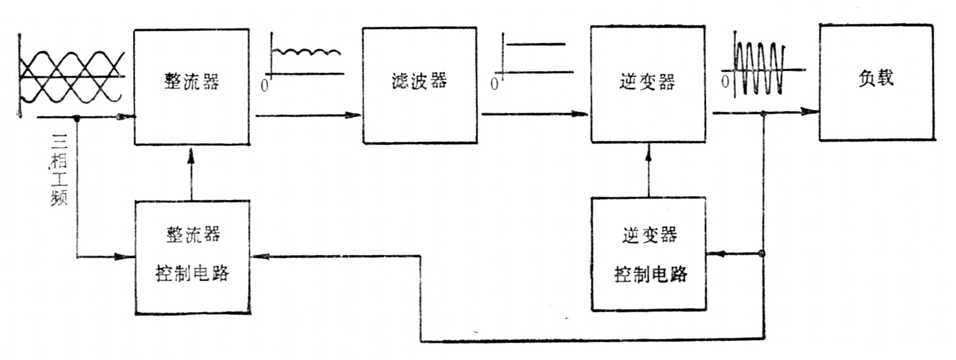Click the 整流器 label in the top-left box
[192, 81]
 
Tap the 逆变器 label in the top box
[647, 81]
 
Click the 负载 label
[876, 78]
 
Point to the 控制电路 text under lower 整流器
[192, 273]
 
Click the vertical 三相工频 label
[59, 169]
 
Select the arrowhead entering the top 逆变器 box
[583, 114]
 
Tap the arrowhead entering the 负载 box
[812, 112]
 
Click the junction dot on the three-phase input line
[77, 118]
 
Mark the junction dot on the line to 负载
[763, 113]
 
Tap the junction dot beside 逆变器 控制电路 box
[762, 253]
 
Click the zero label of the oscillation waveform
[725, 82]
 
